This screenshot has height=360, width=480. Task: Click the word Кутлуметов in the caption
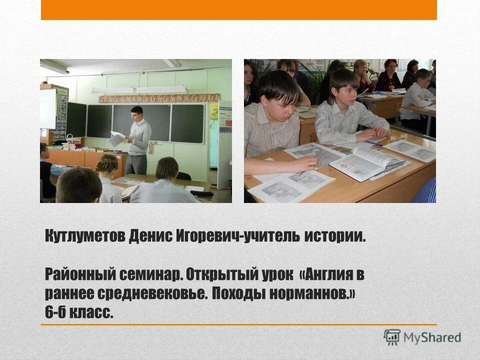click(x=83, y=236)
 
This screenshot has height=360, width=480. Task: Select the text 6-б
click(x=56, y=312)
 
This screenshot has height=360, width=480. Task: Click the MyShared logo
click(x=422, y=337)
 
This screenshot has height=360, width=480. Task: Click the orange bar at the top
click(x=238, y=9)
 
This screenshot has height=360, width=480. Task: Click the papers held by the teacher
click(x=117, y=138)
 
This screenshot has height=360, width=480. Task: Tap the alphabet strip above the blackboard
click(x=158, y=98)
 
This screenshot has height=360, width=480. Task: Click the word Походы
click(x=238, y=293)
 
